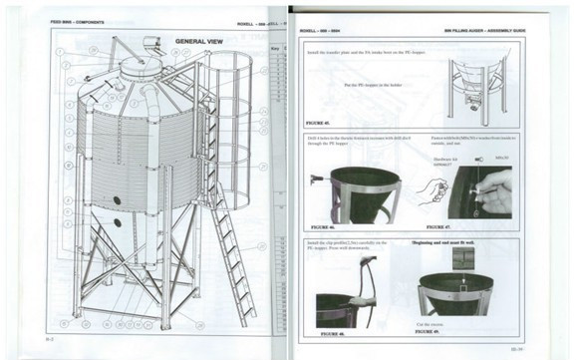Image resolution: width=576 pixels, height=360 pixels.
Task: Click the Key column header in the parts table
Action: [x=275, y=47]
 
